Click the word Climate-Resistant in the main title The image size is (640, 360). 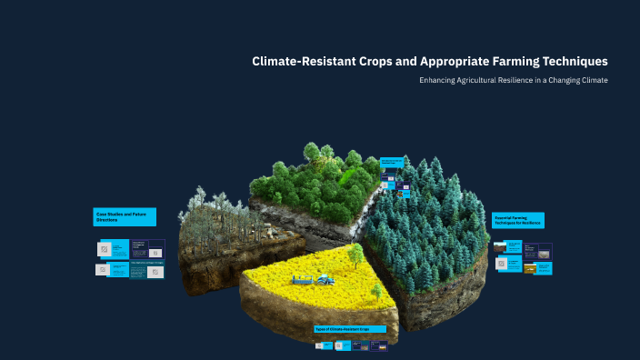(307, 62)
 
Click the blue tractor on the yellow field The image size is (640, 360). (325, 281)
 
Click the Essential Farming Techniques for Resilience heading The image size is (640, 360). (518, 220)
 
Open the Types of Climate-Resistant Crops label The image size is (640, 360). (349, 328)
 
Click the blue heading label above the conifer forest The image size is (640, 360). (391, 163)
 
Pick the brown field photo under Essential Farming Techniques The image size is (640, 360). (500, 246)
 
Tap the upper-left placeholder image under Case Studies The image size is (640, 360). (105, 249)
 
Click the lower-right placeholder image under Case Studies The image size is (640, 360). (155, 271)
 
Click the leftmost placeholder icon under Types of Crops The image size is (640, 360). (318, 345)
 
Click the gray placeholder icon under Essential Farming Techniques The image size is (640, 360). (501, 264)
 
